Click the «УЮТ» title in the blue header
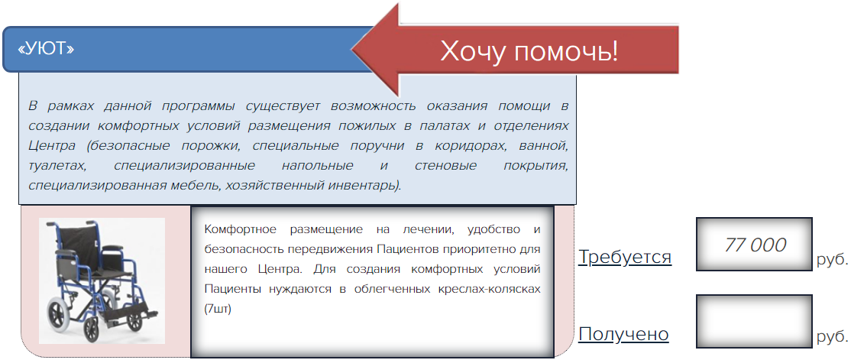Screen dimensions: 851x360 46,49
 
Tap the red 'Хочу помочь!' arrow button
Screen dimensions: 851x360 516,50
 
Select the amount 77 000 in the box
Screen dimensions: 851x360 755,245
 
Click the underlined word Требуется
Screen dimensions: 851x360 625,257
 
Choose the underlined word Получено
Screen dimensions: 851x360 623,334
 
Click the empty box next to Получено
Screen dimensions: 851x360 754,322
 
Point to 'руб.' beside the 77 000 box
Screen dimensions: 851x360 832,260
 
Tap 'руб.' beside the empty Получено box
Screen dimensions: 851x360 832,337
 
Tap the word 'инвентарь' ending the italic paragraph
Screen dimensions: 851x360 366,186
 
